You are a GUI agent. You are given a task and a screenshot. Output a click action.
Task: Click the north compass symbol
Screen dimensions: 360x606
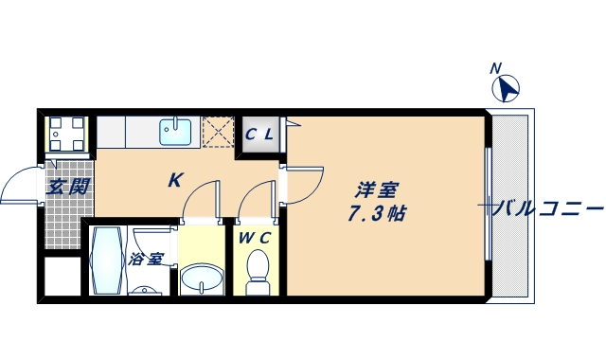click(x=508, y=89)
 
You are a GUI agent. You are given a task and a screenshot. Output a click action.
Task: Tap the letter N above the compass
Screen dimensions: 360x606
click(x=495, y=68)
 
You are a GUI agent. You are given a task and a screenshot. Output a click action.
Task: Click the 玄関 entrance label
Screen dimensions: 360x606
click(x=68, y=187)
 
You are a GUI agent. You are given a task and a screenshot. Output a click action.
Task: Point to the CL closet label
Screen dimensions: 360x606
click(x=259, y=134)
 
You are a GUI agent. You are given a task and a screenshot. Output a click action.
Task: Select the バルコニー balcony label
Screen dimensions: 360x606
click(x=547, y=208)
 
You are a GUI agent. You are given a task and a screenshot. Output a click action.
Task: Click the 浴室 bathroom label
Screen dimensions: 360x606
click(x=146, y=259)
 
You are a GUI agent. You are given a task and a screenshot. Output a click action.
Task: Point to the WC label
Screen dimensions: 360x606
click(x=255, y=239)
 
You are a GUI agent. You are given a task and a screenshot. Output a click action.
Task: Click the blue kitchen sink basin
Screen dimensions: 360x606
click(x=176, y=132)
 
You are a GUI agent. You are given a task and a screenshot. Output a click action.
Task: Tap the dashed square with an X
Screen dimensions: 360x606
click(x=218, y=133)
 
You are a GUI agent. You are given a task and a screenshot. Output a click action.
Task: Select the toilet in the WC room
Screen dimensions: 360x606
click(x=256, y=276)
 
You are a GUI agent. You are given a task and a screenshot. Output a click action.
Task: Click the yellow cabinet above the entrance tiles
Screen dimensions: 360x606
click(x=67, y=133)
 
